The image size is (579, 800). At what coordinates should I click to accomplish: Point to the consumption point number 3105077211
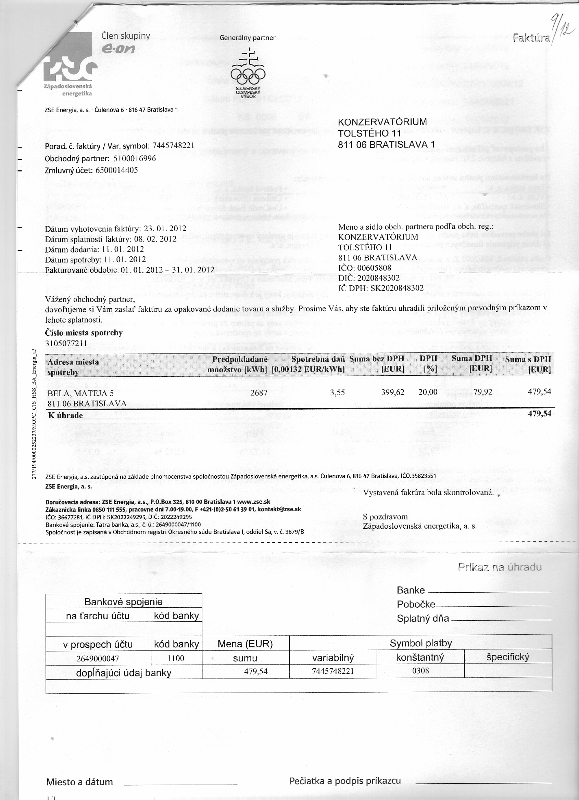coord(66,343)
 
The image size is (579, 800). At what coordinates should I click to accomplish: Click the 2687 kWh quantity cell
coord(259,392)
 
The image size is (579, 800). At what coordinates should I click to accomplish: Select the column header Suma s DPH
coord(528,364)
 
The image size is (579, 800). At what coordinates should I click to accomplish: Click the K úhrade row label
coord(65,415)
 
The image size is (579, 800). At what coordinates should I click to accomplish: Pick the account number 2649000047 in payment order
coord(98,658)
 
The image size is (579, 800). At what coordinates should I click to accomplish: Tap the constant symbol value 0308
coord(420,671)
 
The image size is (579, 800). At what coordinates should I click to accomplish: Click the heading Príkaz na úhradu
coord(499,567)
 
